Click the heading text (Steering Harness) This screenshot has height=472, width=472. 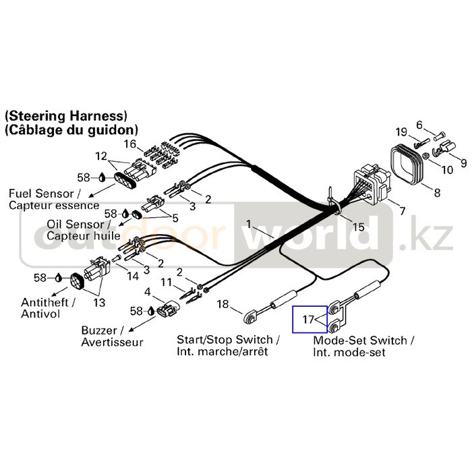pos(65,115)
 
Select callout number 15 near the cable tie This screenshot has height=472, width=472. pos(358,227)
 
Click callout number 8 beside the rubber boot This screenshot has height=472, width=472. pos(436,194)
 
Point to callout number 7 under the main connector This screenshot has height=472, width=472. pos(402,211)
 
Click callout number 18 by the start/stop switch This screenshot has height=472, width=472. pos(223,304)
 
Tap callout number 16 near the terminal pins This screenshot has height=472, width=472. pos(129,144)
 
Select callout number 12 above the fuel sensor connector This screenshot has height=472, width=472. pos(101,156)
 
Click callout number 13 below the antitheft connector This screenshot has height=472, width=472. pos(99,303)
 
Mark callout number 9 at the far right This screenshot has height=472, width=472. pos(463,162)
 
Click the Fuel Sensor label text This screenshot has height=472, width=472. pos(54,199)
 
